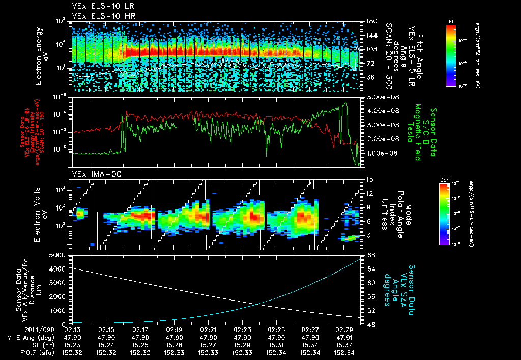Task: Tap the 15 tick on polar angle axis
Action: click(369, 179)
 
